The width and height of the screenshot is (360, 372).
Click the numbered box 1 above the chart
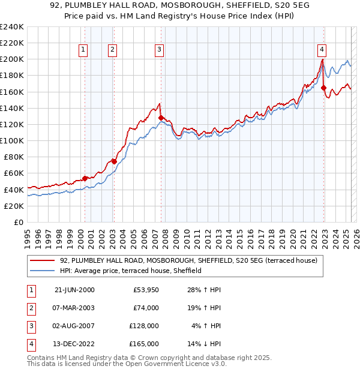pos(82,50)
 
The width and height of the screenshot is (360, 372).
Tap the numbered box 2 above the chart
pos(112,50)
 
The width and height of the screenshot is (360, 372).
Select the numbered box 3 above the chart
pos(159,50)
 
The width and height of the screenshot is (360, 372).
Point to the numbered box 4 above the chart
pos(322,50)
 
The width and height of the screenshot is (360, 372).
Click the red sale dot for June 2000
pos(85,178)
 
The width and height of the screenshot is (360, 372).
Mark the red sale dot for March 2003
pos(114,161)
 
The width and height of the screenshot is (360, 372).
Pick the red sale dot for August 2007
pos(161,118)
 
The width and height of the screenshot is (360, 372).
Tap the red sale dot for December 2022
pos(324,88)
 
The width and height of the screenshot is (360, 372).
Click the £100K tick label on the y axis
pos(11,140)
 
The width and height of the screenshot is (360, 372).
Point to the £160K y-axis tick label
pos(11,92)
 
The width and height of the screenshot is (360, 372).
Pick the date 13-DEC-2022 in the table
pos(74,344)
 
